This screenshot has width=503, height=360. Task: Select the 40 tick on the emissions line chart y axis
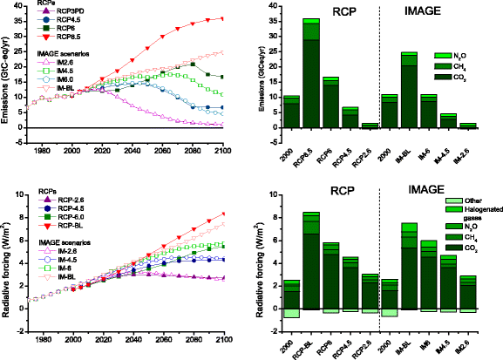[x=25, y=7]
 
